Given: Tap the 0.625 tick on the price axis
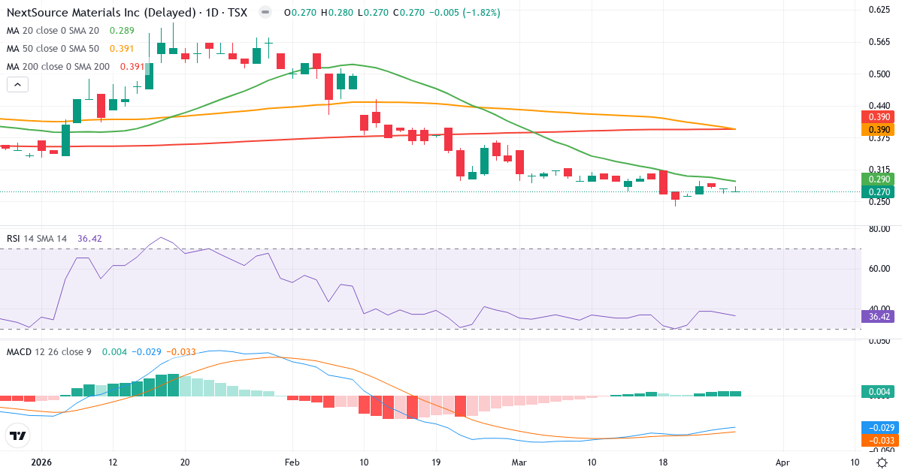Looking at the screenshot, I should click(879, 10).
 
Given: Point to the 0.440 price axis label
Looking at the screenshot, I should click(879, 106).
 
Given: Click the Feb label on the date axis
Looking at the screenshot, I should click(292, 462).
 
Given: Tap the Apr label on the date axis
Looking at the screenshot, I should click(782, 462).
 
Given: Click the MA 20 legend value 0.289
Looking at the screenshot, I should click(122, 31).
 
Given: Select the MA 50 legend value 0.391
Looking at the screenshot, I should click(122, 49).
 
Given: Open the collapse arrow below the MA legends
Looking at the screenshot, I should click(17, 85).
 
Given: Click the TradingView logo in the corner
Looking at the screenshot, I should click(18, 435).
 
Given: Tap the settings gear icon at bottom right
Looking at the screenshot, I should click(884, 462).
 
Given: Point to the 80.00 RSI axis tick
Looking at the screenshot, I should click(879, 229).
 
